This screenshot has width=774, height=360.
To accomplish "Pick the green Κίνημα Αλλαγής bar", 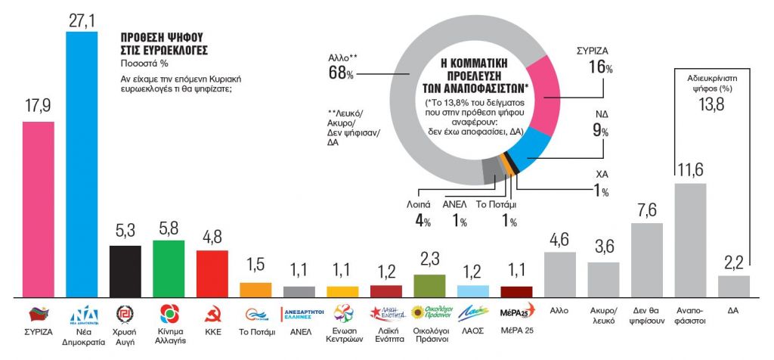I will click(169, 268).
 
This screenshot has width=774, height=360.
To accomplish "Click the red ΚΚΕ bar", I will click(212, 273).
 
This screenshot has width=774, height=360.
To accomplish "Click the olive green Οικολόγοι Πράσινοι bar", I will click(429, 285).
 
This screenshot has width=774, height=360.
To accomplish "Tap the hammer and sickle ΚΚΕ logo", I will click(212, 313).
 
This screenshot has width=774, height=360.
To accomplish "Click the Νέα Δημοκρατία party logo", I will click(82, 314).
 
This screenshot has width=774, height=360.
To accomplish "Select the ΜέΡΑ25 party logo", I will click(517, 312).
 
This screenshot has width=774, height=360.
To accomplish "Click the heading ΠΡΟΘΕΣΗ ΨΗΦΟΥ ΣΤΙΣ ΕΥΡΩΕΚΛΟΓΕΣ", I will click(163, 43).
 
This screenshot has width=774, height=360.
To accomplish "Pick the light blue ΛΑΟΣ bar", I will click(473, 291).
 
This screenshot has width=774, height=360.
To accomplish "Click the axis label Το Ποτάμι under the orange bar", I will click(255, 333).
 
